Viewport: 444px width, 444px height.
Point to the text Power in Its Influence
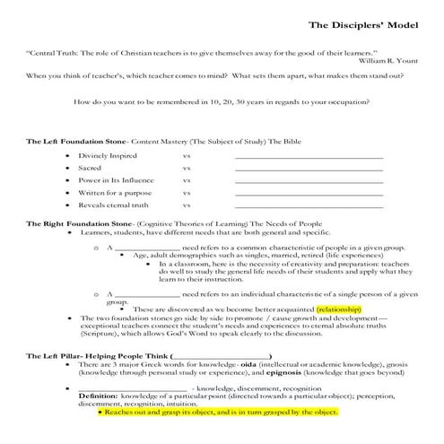pyautogui.click(x=114, y=179)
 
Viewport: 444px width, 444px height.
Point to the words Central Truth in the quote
pyautogui.click(x=53, y=54)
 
